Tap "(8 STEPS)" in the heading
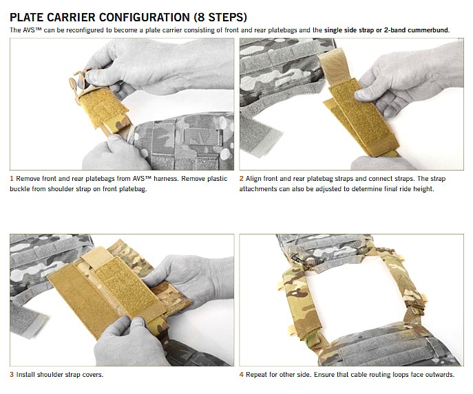pos(220,17)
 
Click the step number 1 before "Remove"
pos(12,179)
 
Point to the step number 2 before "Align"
pos(242,179)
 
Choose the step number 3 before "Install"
pos(12,375)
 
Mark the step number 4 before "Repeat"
pos(242,375)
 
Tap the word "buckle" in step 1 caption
pos(19,189)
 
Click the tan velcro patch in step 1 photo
pos(104,108)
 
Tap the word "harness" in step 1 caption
pos(165,179)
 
